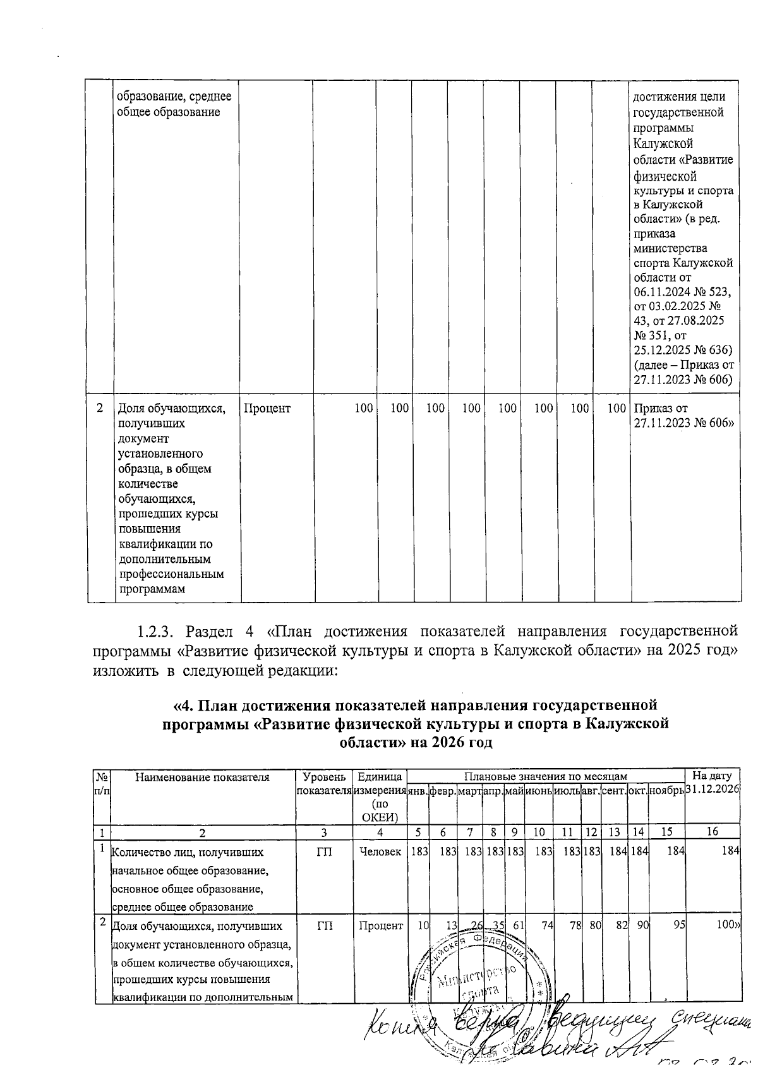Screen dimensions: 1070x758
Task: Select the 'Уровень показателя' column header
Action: click(324, 783)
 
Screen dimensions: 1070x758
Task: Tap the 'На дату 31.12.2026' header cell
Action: click(712, 783)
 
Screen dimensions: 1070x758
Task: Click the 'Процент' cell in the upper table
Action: click(267, 408)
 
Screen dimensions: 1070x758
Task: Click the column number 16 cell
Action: click(712, 831)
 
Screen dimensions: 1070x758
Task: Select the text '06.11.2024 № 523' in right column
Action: click(682, 292)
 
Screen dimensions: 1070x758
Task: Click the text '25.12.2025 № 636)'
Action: click(682, 349)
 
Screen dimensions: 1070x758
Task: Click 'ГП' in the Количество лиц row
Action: click(324, 852)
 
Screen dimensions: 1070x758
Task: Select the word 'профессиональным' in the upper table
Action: click(171, 574)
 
